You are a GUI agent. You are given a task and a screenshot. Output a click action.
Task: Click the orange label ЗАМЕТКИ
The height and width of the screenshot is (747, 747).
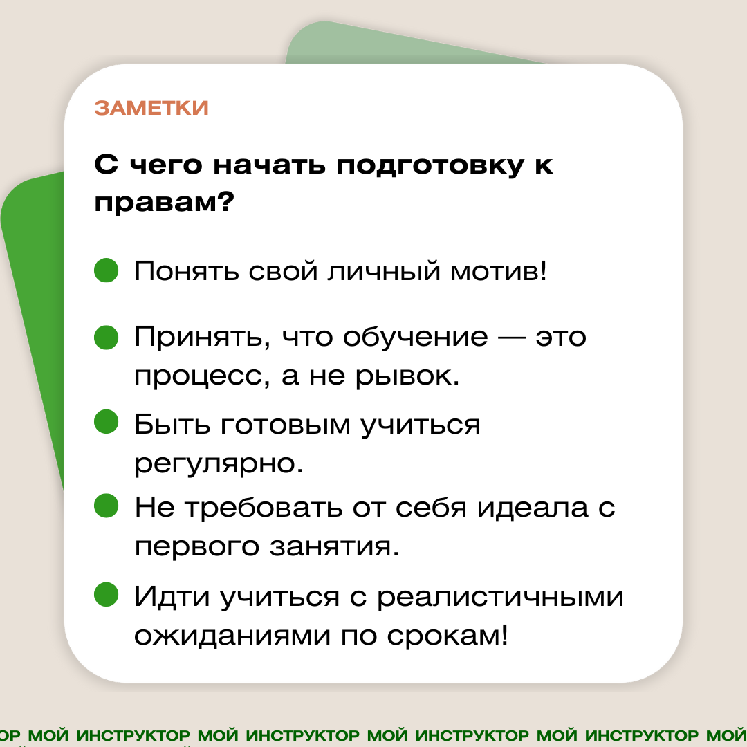(x=151, y=109)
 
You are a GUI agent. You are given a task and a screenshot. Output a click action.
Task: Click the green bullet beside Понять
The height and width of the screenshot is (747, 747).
(x=107, y=270)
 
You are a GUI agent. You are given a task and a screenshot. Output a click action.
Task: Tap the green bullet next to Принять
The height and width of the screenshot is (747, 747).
(x=107, y=338)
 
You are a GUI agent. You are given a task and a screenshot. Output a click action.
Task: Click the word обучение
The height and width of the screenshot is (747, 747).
(x=416, y=338)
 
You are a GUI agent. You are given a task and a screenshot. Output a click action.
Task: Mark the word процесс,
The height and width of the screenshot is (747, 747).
(x=202, y=379)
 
